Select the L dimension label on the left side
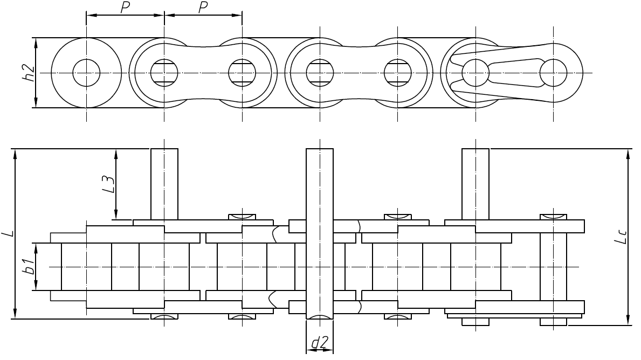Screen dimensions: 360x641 point(8,233)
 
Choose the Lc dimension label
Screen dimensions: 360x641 point(622,237)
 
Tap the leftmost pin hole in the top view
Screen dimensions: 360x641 point(86,72)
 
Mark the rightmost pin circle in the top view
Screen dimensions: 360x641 point(553,72)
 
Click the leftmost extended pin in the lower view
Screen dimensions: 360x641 point(164,183)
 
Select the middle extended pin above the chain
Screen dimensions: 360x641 point(319,183)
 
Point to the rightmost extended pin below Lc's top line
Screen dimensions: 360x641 point(475,183)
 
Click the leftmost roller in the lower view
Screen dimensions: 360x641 point(86,267)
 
